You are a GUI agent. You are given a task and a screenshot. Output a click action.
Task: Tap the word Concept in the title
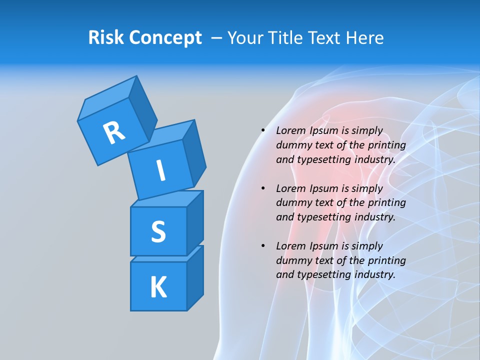tap(166, 38)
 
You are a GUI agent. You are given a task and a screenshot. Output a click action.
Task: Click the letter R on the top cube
tap(113, 132)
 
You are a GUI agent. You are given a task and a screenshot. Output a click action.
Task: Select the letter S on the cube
tap(158, 231)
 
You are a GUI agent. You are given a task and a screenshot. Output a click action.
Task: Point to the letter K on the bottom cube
tap(158, 287)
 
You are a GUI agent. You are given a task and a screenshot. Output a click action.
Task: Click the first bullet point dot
tap(263, 131)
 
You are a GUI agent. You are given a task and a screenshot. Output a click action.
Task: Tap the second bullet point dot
tap(263, 189)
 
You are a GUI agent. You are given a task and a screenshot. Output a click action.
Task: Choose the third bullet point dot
tap(263, 246)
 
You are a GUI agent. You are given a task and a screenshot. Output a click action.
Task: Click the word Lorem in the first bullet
tap(291, 131)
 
